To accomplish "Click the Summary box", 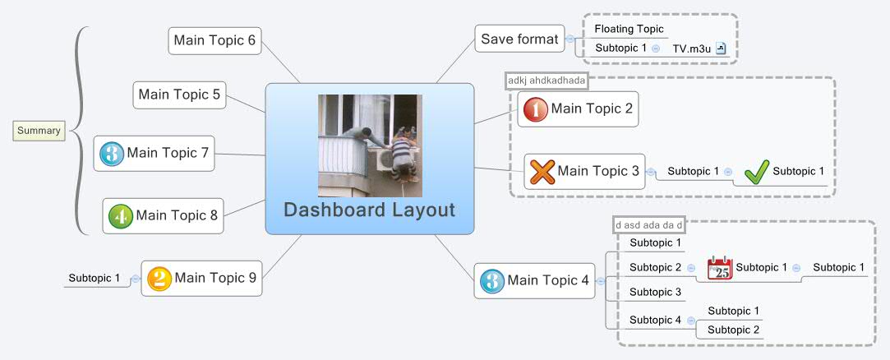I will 39,130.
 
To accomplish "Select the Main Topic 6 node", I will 214,40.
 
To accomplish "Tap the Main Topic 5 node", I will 179,95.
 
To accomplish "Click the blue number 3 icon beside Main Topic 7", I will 111,153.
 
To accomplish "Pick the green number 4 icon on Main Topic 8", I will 120,216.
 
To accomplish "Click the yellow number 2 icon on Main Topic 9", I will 159,279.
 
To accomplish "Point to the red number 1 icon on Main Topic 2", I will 536,109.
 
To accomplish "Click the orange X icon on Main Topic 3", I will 542,172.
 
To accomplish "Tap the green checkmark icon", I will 756,172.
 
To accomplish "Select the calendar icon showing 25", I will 720,268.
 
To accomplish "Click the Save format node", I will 519,39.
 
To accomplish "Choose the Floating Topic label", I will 629,29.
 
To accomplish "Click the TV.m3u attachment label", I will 691,48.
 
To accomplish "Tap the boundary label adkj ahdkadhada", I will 546,81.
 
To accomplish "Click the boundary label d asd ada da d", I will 649,224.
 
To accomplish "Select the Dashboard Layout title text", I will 369,210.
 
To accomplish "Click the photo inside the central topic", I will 370,145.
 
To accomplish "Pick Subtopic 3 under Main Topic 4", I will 655,292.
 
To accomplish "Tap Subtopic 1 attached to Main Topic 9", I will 94,278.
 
